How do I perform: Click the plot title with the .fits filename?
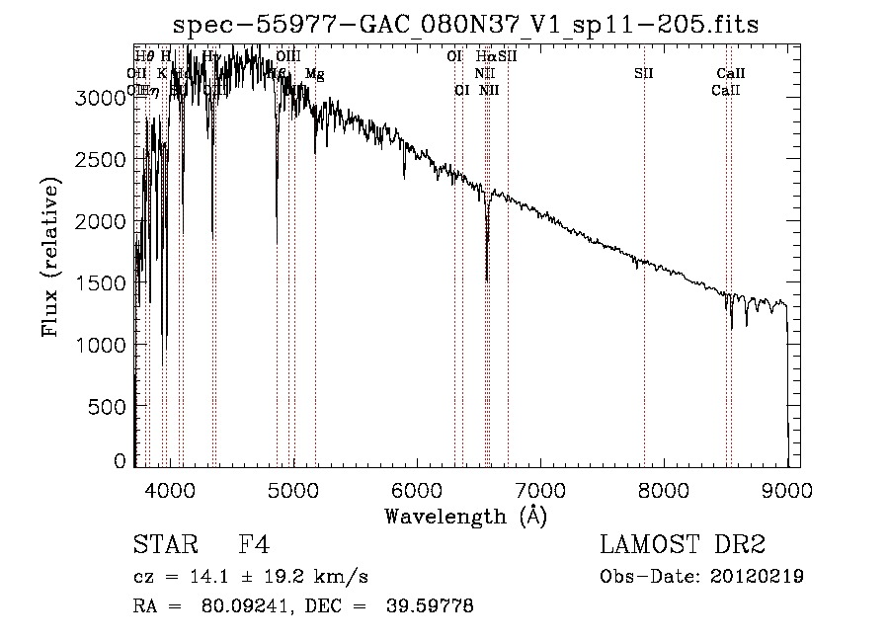(x=467, y=25)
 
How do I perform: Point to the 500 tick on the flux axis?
(x=105, y=406)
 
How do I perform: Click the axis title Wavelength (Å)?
(x=466, y=516)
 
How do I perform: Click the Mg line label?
(x=314, y=74)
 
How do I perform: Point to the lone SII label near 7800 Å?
(x=644, y=73)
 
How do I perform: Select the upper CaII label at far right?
(x=731, y=73)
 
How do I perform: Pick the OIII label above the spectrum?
(x=288, y=57)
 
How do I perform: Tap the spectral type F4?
(x=255, y=545)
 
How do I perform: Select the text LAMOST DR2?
(x=683, y=545)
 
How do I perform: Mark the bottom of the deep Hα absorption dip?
(x=487, y=280)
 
